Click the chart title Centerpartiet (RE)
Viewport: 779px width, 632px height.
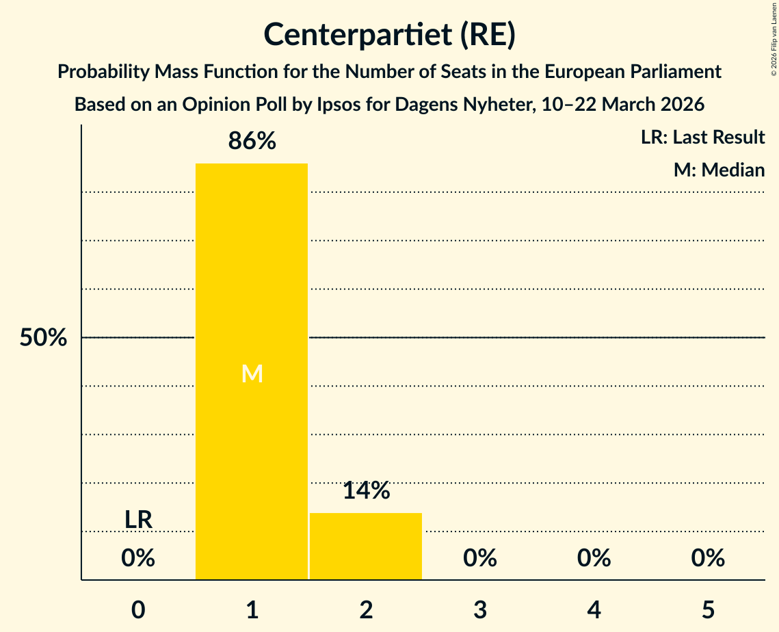[389, 35]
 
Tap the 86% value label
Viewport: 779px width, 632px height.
[252, 142]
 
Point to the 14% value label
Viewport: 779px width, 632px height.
[366, 490]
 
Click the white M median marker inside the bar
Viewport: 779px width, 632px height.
[252, 373]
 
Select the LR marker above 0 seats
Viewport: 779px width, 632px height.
[138, 520]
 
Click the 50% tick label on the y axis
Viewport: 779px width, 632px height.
[43, 338]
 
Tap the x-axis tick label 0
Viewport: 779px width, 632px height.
[138, 609]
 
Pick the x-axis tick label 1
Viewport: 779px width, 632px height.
[252, 609]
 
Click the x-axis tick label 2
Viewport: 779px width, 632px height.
[366, 609]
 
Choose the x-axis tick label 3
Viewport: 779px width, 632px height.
[479, 609]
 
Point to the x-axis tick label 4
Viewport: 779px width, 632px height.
[594, 609]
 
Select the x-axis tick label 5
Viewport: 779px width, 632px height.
[707, 609]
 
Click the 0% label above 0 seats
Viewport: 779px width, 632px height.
[138, 559]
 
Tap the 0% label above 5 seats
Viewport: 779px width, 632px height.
[707, 559]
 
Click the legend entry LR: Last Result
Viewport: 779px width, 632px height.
[702, 137]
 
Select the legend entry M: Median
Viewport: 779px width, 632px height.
[719, 170]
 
